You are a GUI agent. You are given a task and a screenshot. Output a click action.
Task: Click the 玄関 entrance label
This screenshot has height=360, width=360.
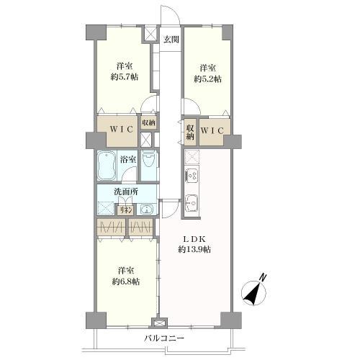click(x=171, y=40)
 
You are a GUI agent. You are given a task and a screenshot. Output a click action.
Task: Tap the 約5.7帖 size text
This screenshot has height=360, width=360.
click(x=125, y=77)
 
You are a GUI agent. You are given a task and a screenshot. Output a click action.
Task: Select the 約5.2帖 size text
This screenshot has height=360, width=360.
click(x=207, y=79)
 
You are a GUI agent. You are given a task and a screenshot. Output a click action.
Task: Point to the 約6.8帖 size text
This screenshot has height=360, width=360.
click(x=126, y=282)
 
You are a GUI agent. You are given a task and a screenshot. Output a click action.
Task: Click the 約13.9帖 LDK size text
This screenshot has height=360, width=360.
click(x=194, y=250)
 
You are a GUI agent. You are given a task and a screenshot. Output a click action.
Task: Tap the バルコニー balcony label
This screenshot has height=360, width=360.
click(x=165, y=338)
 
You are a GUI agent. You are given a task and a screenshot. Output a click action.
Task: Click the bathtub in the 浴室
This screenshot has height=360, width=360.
click(x=107, y=166)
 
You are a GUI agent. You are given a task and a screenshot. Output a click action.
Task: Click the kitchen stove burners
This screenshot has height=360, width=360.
click(x=192, y=175)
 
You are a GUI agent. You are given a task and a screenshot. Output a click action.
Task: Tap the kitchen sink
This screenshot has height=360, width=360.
click(x=192, y=203)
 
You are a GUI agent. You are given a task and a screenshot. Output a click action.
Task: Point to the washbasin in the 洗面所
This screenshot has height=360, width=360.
click(x=145, y=210)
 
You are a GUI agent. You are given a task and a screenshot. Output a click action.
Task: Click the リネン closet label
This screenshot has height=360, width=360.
click(x=126, y=210)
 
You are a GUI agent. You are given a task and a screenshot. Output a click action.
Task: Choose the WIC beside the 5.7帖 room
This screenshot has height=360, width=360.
click(x=122, y=130)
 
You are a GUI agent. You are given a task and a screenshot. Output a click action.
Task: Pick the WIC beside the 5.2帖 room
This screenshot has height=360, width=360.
click(x=212, y=131)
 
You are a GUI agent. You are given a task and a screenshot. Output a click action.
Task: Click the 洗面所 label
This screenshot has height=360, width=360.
click(x=126, y=192)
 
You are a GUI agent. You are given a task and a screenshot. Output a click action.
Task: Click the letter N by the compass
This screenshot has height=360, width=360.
click(x=264, y=277)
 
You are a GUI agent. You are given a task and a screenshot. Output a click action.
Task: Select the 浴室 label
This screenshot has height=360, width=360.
click(x=128, y=160)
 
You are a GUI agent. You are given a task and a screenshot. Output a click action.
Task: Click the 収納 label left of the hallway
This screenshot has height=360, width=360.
click(x=148, y=123)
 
